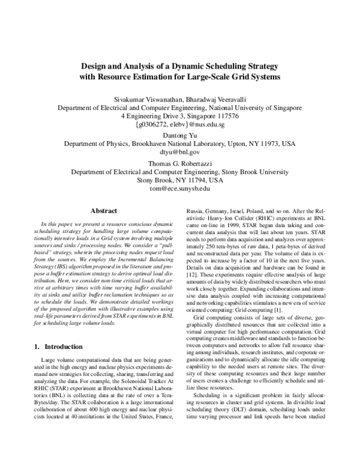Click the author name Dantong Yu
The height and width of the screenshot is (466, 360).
179,136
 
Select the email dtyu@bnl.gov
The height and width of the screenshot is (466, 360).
179,153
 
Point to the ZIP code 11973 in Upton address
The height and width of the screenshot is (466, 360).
259,145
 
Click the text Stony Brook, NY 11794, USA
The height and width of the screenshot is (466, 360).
179,180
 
